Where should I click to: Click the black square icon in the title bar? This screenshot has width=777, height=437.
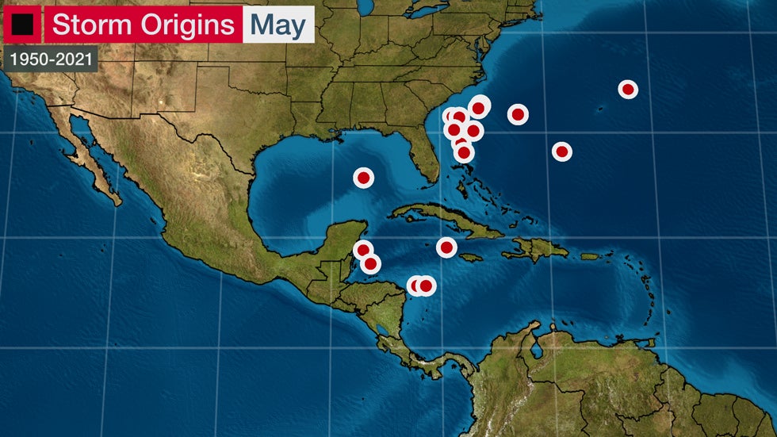click(21, 25)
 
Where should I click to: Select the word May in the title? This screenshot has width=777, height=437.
click(278, 25)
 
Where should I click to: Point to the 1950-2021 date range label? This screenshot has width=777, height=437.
click(50, 58)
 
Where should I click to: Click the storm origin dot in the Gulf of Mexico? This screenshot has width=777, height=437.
click(363, 178)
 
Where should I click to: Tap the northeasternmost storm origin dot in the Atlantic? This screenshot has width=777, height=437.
click(628, 90)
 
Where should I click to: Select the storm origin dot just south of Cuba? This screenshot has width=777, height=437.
click(446, 247)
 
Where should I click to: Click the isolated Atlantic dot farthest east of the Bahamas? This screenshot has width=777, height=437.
click(561, 151)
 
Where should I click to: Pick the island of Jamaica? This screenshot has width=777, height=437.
click(470, 257)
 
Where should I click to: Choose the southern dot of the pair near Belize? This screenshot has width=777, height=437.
click(371, 263)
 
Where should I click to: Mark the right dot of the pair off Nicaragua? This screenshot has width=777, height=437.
click(427, 286)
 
